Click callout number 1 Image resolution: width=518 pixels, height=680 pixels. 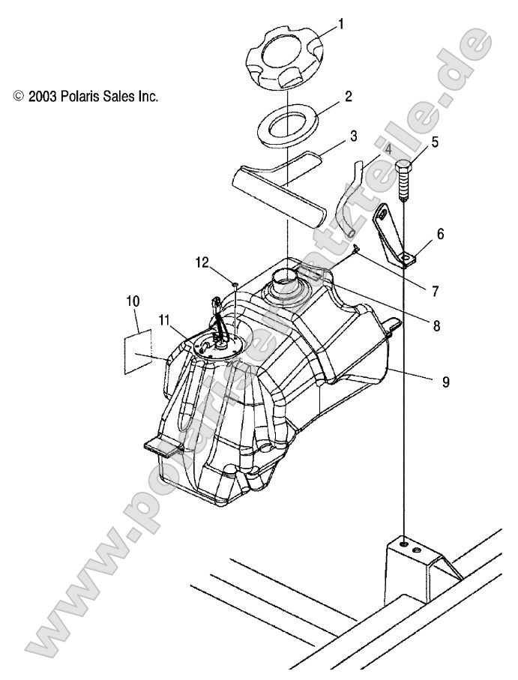(340, 25)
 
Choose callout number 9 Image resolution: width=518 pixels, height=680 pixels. (445, 382)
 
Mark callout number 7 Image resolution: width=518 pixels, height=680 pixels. (435, 289)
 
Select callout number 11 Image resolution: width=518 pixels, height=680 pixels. (164, 319)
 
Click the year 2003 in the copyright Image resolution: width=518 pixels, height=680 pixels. (42, 97)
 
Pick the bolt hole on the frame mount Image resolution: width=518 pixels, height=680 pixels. (405, 543)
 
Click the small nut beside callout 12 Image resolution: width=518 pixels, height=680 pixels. (235, 285)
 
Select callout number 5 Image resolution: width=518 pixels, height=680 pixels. (436, 140)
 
